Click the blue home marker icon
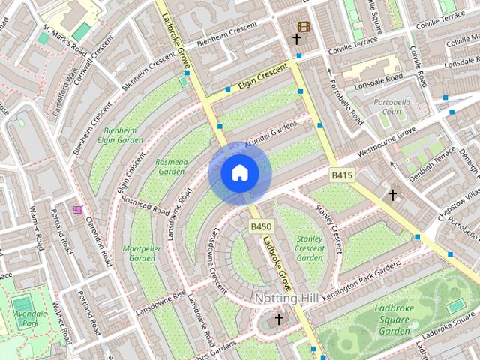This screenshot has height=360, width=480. (239, 173)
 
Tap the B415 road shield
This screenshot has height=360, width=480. (342, 175)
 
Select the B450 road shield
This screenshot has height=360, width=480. (261, 226)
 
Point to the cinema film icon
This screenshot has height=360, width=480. (304, 26)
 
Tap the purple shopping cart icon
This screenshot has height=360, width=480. (77, 210)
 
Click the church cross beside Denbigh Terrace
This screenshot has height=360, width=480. (392, 195)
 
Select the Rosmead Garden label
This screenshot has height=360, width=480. (171, 166)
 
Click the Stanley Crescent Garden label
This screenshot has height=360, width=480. (310, 248)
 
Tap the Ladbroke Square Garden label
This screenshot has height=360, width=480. (393, 319)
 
